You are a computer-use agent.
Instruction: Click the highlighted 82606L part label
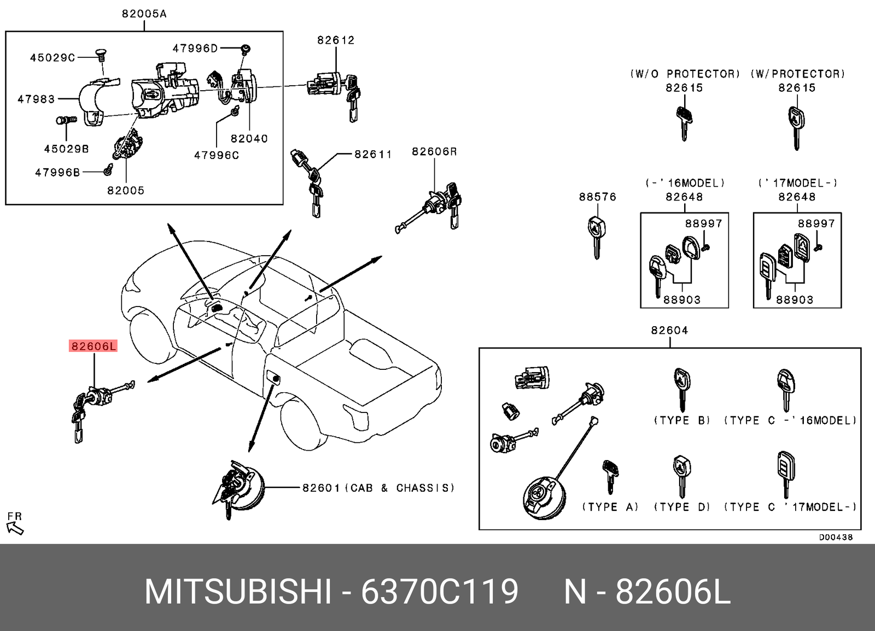(x=93, y=346)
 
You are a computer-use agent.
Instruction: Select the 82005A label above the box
(x=144, y=14)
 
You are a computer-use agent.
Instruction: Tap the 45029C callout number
(x=52, y=57)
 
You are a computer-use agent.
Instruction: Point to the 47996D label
(x=195, y=49)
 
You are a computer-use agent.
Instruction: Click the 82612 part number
(x=336, y=40)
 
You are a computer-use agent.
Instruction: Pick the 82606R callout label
(x=434, y=152)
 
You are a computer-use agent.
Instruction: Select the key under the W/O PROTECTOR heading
(x=684, y=123)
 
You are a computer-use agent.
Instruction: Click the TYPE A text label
(x=610, y=507)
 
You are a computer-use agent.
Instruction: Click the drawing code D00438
(x=835, y=537)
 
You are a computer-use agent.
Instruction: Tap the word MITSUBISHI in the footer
(x=238, y=592)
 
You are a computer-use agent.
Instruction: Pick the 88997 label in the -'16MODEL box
(x=703, y=223)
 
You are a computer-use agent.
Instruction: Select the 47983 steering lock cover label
(x=36, y=99)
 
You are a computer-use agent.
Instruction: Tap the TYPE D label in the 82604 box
(x=682, y=507)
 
